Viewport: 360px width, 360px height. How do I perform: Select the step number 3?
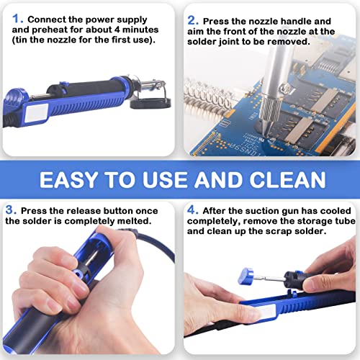click(10, 210)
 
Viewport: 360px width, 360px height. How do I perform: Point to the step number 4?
click(192, 210)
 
